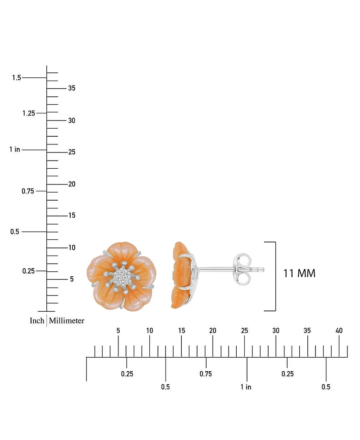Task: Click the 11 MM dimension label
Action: click(299, 274)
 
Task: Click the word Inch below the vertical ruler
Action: click(37, 320)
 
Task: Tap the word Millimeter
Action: click(67, 320)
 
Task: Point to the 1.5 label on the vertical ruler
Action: click(17, 77)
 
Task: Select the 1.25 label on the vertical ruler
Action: click(29, 113)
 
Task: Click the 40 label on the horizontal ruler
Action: click(339, 331)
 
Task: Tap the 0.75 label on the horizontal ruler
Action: click(206, 374)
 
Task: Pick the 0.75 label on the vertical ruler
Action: click(28, 191)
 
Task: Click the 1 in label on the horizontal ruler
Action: click(246, 387)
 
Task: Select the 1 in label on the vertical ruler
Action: click(15, 149)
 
